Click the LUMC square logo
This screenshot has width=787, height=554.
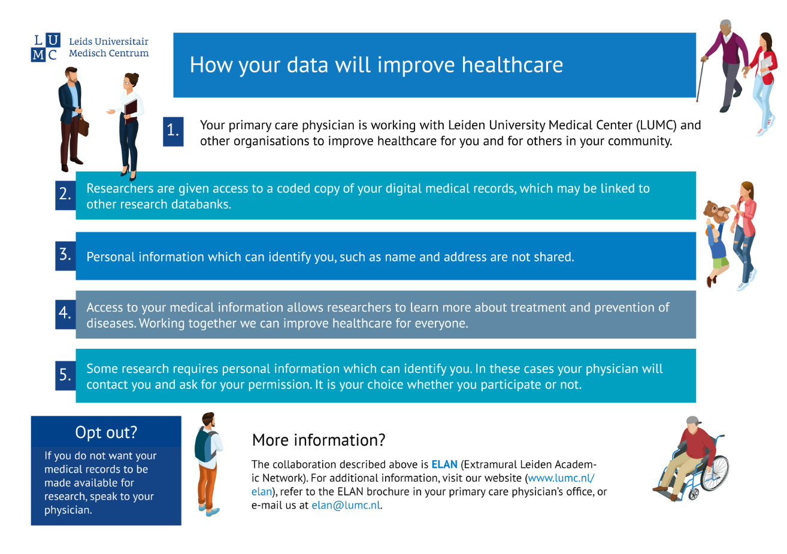tap(46, 47)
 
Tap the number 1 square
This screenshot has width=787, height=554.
tap(173, 132)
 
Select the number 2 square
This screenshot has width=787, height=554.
tap(65, 196)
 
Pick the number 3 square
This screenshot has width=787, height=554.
tap(65, 256)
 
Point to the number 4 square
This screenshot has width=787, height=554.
tap(65, 314)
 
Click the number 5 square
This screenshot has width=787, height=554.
tap(65, 376)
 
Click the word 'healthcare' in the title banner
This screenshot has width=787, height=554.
tap(512, 65)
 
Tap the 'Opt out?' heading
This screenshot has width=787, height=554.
tap(106, 433)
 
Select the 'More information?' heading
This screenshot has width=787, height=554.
tap(319, 440)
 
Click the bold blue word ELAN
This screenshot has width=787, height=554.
tap(444, 464)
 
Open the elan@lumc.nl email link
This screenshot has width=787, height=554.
tap(346, 505)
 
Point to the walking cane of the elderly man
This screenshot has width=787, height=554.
tap(700, 81)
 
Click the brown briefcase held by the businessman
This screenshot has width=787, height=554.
tap(83, 126)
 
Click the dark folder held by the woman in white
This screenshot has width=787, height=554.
tap(131, 111)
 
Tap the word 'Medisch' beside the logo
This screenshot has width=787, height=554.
tap(87, 53)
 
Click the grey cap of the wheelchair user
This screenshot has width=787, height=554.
tap(693, 421)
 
